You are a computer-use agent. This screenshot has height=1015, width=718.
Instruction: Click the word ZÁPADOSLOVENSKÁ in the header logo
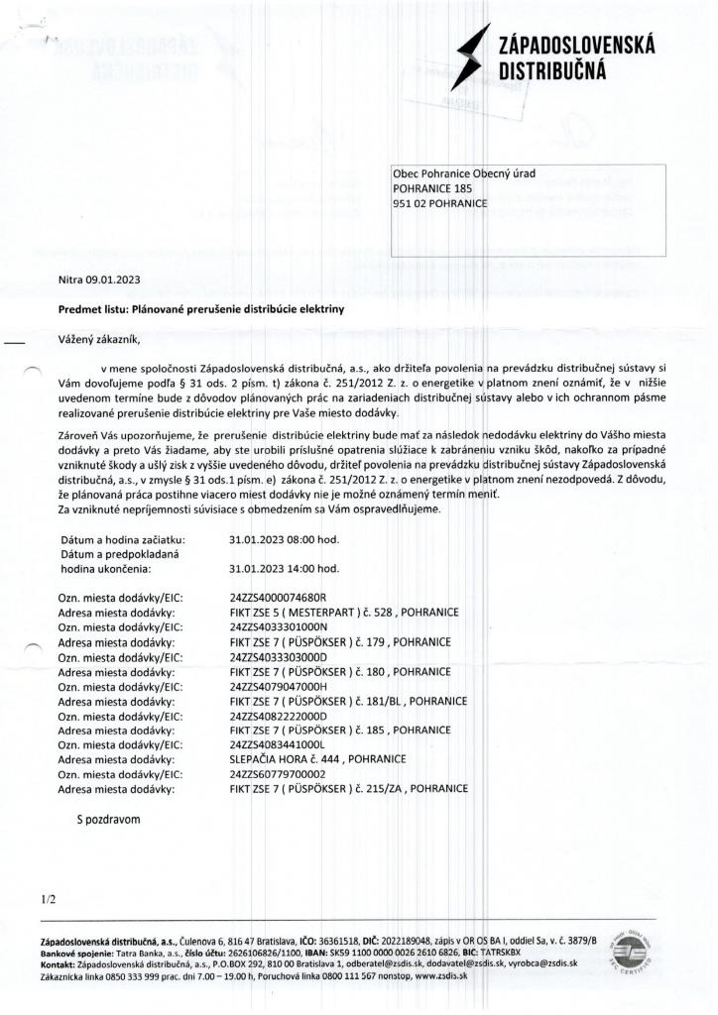[x=576, y=47]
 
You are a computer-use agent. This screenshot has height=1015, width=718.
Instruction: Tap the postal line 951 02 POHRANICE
[x=441, y=203]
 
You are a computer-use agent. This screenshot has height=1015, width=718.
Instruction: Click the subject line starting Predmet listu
[x=200, y=309]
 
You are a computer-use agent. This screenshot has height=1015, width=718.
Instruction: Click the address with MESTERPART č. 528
[x=343, y=613]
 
